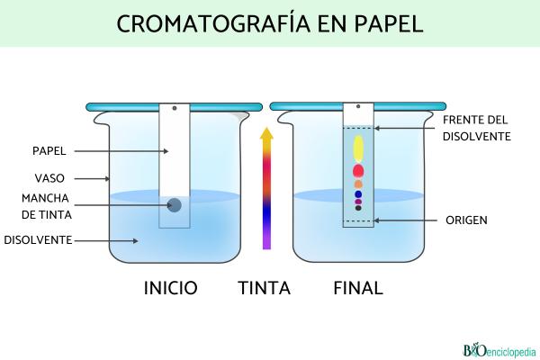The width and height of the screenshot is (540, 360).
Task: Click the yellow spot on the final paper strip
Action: coord(358,147)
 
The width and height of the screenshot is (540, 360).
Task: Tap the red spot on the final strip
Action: coord(358,170)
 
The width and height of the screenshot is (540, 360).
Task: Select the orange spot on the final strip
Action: coord(358,184)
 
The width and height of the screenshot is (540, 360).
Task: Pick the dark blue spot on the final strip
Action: coord(358,193)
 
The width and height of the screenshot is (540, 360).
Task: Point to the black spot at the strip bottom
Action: coord(358,208)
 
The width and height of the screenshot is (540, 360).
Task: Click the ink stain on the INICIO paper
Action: coord(175,205)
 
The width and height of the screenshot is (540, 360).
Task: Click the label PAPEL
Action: coord(49,150)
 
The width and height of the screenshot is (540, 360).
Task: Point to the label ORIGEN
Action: coord(467,220)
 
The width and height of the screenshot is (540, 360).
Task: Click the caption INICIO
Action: coord(171,288)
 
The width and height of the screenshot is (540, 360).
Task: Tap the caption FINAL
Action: coord(358,288)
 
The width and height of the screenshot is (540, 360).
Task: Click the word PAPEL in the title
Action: coord(386,23)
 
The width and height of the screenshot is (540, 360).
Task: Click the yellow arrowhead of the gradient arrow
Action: coord(265,135)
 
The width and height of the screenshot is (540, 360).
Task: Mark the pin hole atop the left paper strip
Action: coord(175,108)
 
